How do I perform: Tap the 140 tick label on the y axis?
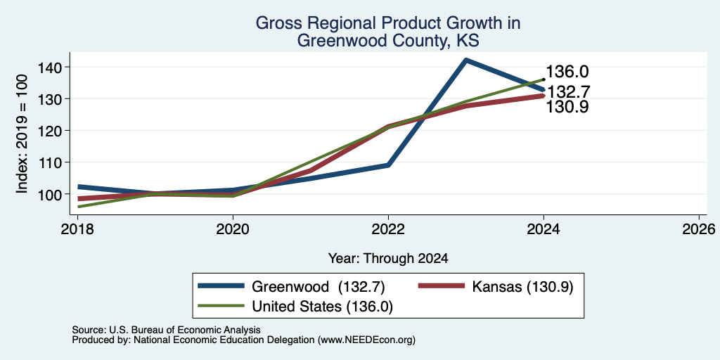[48, 67]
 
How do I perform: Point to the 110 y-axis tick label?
[48, 162]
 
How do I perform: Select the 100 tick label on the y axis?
[48, 194]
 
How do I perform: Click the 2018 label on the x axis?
[77, 229]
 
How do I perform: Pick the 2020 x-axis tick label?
[233, 229]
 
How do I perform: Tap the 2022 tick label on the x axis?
[388, 229]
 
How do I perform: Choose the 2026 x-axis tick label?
[700, 229]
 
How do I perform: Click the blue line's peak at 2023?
[466, 60]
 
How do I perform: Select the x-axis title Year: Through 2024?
[388, 259]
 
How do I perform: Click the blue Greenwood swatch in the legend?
[221, 286]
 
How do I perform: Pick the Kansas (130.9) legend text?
[522, 287]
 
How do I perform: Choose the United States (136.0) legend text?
[322, 307]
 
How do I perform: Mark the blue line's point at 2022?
[388, 165]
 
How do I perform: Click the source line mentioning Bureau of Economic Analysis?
[166, 330]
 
